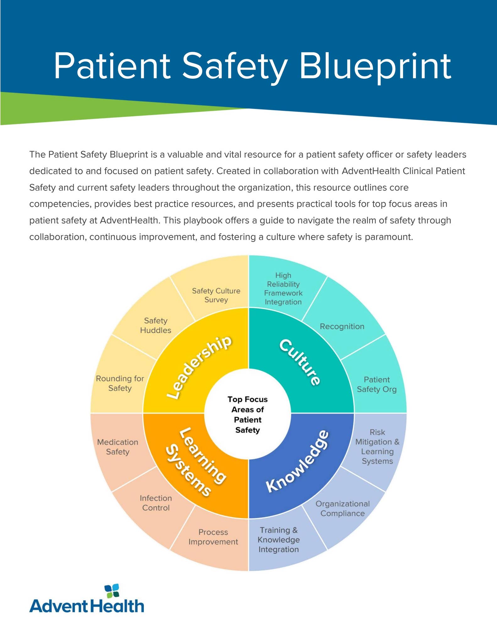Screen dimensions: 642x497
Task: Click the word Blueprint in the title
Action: pyautogui.click(x=375, y=67)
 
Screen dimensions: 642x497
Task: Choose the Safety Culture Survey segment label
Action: pyautogui.click(x=216, y=295)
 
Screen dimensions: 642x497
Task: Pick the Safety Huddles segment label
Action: pyautogui.click(x=156, y=325)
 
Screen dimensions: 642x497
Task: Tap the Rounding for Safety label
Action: pyautogui.click(x=120, y=383)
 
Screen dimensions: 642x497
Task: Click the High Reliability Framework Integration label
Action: pyautogui.click(x=283, y=289)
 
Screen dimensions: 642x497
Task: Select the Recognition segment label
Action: pyautogui.click(x=342, y=326)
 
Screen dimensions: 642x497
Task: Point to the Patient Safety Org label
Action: pyautogui.click(x=377, y=384)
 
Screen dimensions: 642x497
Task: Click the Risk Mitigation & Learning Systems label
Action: pyautogui.click(x=377, y=447)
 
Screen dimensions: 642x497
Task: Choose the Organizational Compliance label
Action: pyautogui.click(x=343, y=508)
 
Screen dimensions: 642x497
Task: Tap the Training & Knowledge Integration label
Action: pyautogui.click(x=278, y=540)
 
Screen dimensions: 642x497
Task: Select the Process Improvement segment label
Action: pyautogui.click(x=213, y=537)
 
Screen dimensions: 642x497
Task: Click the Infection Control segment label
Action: pyautogui.click(x=156, y=503)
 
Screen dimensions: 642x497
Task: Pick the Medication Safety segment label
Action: pyautogui.click(x=118, y=447)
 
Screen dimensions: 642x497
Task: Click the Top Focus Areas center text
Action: pyautogui.click(x=248, y=414)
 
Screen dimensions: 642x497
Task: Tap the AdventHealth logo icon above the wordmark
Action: pyautogui.click(x=112, y=591)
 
